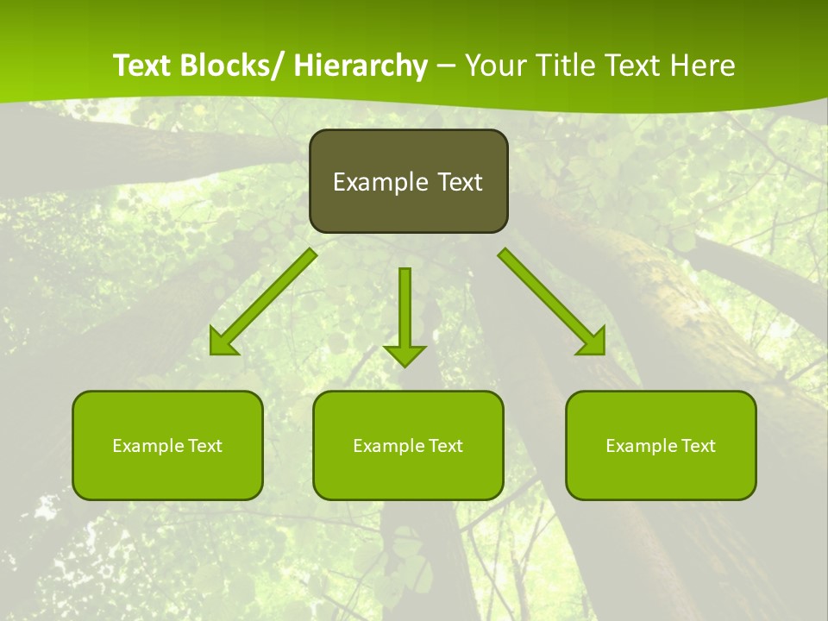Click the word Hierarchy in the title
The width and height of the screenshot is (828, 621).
click(361, 66)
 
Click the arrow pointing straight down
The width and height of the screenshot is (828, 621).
click(405, 310)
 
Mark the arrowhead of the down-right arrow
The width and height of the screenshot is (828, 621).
click(593, 343)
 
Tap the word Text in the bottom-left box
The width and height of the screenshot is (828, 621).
click(205, 446)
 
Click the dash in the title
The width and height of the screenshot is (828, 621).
click(446, 66)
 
